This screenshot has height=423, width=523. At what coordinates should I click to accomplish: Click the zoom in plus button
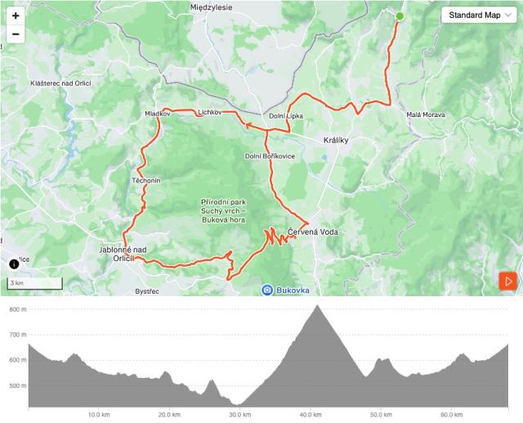click(16, 16)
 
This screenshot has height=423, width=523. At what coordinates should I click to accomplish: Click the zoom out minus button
click(16, 34)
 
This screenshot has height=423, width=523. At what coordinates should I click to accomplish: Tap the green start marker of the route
click(400, 16)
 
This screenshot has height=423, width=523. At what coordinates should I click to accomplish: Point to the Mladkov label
click(157, 114)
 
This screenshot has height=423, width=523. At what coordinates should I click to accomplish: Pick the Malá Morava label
click(426, 115)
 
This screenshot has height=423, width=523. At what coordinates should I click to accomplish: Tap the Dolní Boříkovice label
click(270, 156)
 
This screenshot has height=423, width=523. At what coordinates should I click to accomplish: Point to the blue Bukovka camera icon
click(267, 290)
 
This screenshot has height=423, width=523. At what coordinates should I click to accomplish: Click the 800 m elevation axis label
click(16, 309)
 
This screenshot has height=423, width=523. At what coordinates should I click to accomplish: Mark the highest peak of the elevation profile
click(317, 306)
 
